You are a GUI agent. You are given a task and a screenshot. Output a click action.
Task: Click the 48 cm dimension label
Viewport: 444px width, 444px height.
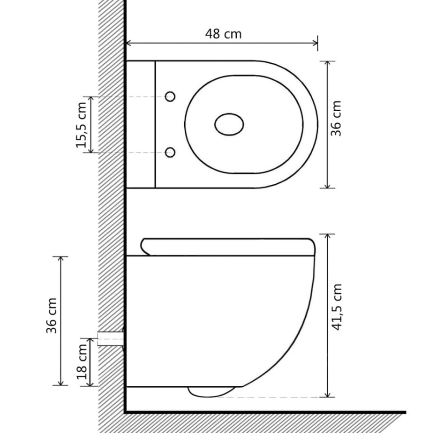pos(223,34)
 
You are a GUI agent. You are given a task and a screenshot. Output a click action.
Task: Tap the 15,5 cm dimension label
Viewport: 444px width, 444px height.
pos(82,125)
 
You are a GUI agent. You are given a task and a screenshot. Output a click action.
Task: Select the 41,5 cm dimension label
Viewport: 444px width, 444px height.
pos(336,307)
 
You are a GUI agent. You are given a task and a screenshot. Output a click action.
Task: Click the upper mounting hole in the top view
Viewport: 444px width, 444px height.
pos(171,97)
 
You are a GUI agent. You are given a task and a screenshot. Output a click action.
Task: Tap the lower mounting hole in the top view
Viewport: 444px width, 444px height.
pos(171,152)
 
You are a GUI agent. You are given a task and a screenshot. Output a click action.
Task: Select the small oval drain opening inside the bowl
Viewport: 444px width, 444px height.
pos(229,125)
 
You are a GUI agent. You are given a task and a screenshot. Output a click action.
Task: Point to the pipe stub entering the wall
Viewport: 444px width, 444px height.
pos(111,338)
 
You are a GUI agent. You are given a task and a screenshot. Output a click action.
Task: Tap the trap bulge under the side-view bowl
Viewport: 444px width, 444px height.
pos(211,391)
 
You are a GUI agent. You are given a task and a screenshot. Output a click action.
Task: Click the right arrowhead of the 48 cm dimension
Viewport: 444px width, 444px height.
pos(316,44)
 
